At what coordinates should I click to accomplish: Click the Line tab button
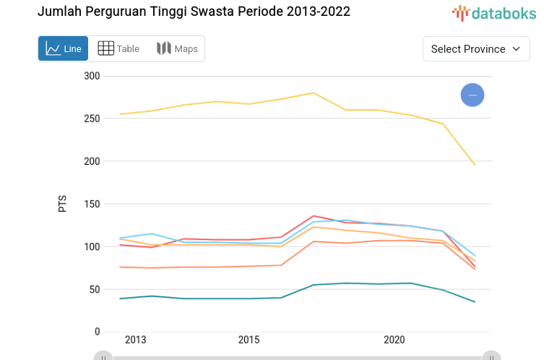[x=64, y=48]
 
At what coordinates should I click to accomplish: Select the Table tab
[x=118, y=48]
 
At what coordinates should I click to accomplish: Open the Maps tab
[x=177, y=48]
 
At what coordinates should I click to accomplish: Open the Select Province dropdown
[x=476, y=48]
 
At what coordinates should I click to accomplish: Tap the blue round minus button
[x=472, y=95]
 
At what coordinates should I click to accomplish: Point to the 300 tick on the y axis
[x=92, y=76]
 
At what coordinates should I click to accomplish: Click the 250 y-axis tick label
[x=92, y=119]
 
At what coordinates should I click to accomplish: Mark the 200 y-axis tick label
[x=92, y=161]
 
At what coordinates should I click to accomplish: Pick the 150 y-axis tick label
[x=92, y=204]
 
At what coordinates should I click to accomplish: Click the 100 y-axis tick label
[x=92, y=247]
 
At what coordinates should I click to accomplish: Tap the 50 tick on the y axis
[x=95, y=289]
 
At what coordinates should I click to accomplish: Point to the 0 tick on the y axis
[x=97, y=332]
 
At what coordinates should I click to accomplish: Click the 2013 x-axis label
[x=136, y=340]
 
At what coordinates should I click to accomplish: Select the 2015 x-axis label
[x=249, y=340]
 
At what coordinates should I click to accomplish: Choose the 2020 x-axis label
[x=394, y=340]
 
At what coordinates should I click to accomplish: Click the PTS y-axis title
[x=62, y=202]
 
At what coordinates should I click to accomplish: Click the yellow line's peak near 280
[x=314, y=93]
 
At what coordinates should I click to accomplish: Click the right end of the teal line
[x=475, y=301]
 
